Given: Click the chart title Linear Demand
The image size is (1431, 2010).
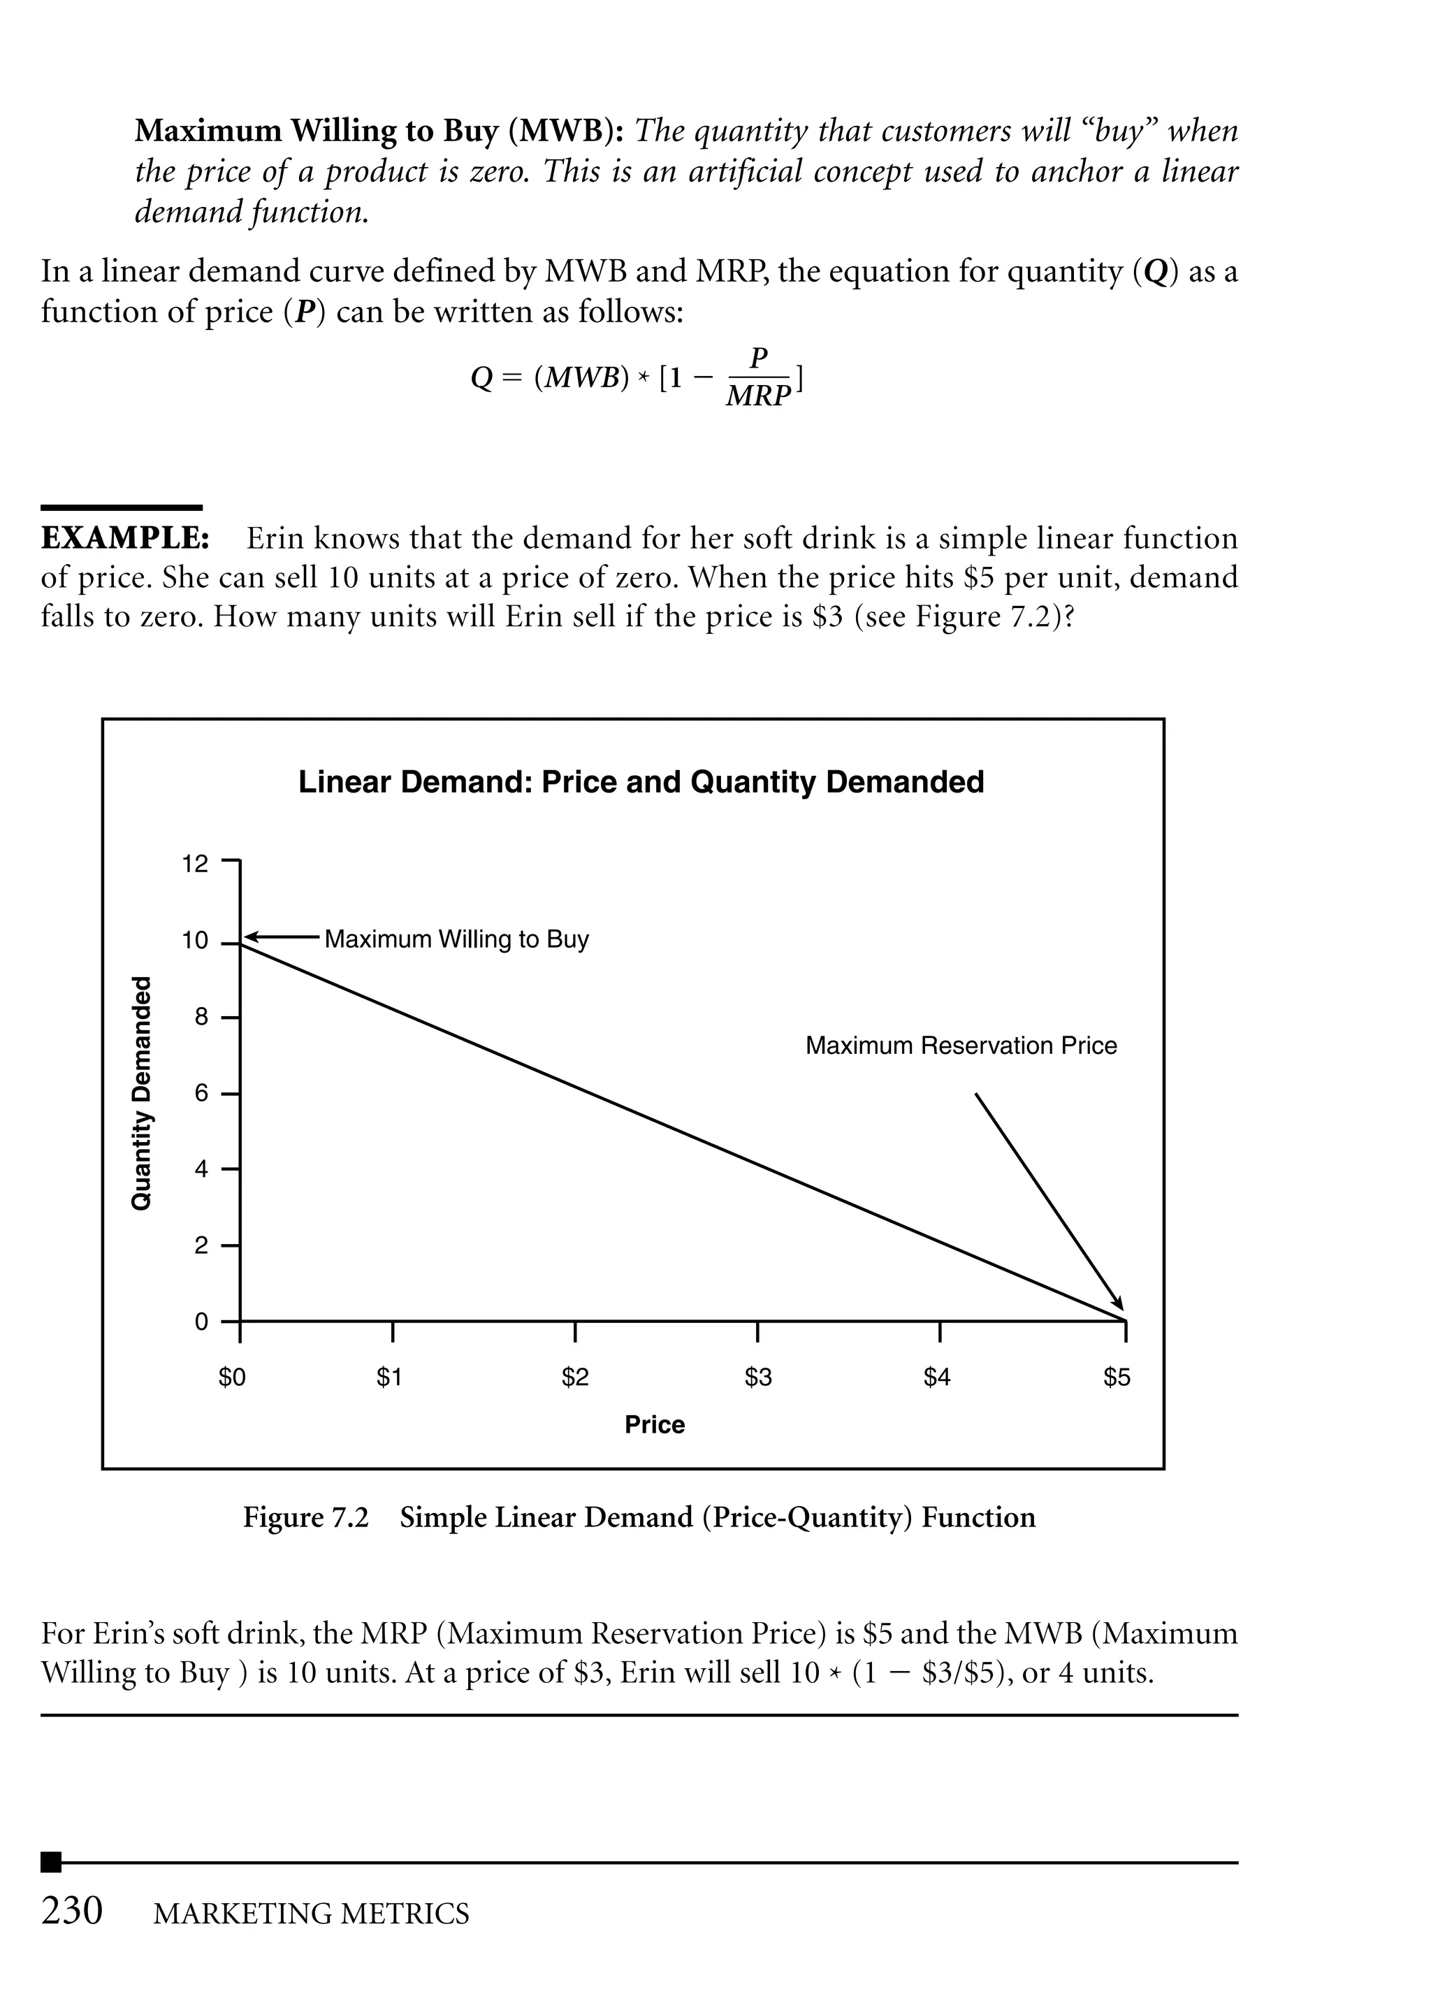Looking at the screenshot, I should coord(641,781).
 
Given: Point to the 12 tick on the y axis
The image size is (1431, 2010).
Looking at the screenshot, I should coord(195,864).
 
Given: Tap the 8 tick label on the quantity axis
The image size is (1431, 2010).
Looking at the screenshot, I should coord(201,1018).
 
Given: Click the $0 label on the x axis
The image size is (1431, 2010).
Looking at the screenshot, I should coord(233,1376).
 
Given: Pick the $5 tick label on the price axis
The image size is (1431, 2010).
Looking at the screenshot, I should coord(1117,1376).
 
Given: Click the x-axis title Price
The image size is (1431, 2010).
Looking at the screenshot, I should coord(654,1425).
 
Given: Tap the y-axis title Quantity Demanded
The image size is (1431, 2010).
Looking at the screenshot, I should coord(141,1092).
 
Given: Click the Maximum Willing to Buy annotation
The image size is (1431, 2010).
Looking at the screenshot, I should coord(456,939).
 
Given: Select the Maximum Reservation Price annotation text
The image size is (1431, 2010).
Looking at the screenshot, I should coord(961,1046).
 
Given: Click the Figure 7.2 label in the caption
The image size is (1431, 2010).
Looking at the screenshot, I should coord(306,1517).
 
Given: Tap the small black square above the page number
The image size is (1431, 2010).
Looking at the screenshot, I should coord(51,1862).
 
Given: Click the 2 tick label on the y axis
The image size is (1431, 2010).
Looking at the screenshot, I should coord(201,1246).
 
